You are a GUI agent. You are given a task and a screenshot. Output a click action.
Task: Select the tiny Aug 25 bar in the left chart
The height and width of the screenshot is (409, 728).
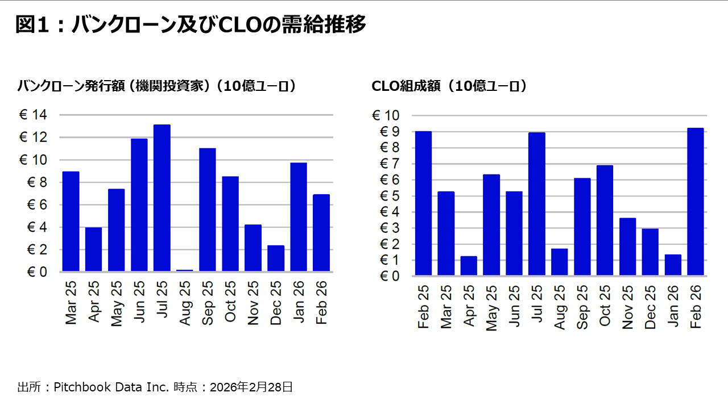click(x=184, y=270)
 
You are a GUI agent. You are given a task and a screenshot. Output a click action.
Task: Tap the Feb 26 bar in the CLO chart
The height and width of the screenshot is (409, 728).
click(x=696, y=202)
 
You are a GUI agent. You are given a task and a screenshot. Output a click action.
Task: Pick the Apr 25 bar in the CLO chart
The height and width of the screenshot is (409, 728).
click(x=468, y=266)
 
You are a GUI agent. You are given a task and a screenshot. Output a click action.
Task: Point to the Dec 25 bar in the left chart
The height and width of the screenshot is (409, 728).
click(x=275, y=258)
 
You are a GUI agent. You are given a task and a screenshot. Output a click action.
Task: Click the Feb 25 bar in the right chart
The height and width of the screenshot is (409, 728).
click(x=423, y=203)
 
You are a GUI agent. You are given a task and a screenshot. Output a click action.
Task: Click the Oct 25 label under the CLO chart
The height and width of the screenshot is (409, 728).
click(x=605, y=307)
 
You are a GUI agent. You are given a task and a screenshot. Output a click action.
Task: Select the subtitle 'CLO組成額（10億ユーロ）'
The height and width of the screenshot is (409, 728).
click(x=449, y=86)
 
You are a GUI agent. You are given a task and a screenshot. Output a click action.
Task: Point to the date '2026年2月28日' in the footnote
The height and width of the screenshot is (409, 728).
click(x=251, y=387)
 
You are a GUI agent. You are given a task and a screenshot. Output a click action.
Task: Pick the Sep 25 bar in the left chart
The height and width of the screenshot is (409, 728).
click(x=207, y=210)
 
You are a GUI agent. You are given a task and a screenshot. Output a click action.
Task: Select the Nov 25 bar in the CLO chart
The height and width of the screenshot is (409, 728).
click(x=627, y=247)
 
